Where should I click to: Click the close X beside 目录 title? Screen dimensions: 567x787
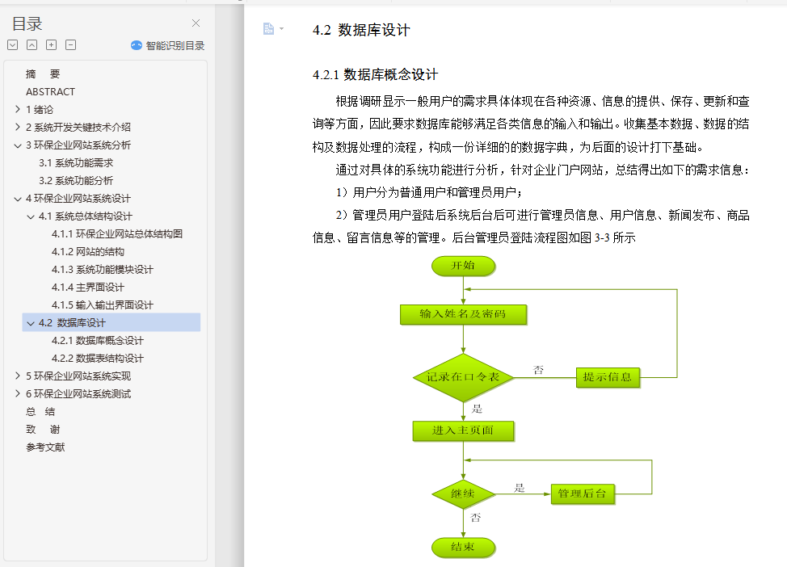196,23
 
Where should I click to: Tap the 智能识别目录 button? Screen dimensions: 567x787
168,46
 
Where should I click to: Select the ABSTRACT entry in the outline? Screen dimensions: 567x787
50,92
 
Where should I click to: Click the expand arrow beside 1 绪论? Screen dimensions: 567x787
18,110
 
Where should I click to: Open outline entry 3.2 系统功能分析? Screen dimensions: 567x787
76,181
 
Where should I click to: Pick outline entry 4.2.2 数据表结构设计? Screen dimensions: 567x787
97,359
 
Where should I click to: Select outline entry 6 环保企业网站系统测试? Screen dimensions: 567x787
78,394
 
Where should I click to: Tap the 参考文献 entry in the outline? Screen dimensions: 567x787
45,447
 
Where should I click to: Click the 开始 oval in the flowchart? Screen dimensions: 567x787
463,266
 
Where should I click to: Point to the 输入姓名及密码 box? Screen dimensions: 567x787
463,314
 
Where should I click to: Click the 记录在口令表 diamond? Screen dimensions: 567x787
463,377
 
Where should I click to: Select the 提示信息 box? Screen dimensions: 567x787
608,377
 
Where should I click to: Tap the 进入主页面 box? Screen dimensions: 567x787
463,430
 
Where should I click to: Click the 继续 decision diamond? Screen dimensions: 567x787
463,493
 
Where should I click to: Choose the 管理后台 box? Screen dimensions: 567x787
582,493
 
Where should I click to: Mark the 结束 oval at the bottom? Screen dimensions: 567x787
463,547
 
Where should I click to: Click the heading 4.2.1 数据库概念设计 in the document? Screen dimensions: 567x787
375,75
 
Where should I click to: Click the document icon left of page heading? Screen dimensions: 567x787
269,29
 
